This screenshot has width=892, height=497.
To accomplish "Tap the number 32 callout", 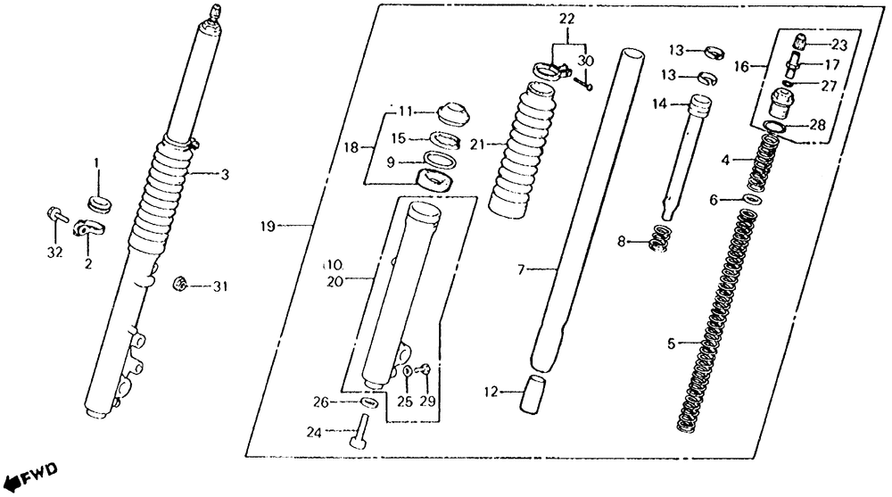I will click(54, 253).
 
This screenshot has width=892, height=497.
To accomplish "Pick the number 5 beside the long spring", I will click(672, 343).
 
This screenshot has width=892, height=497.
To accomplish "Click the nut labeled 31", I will click(179, 285).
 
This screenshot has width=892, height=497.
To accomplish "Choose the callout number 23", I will click(839, 45).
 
